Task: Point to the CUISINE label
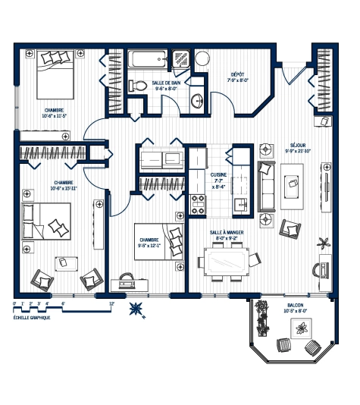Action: [x=220, y=174]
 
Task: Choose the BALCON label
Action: [x=296, y=305]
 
